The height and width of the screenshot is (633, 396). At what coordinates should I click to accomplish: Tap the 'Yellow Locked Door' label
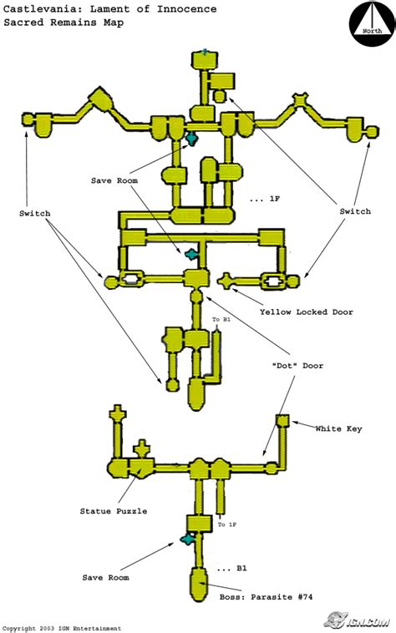tap(307, 312)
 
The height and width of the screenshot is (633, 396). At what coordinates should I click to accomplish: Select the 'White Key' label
tap(338, 428)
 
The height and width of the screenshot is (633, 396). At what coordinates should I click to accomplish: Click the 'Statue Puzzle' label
tap(114, 511)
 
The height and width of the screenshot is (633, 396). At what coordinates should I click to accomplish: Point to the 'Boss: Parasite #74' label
tap(266, 596)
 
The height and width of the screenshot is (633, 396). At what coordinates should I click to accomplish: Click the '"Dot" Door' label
tap(297, 366)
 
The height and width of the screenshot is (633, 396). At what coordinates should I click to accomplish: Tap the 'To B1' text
tap(221, 319)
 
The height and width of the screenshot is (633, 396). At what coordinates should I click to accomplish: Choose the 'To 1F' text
tap(227, 524)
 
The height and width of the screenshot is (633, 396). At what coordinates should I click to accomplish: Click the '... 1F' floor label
tap(265, 199)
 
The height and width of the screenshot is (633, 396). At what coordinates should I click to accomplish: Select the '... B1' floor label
tap(231, 569)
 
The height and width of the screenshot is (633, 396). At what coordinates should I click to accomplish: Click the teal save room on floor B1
tap(188, 538)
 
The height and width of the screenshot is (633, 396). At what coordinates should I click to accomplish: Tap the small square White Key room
tap(283, 421)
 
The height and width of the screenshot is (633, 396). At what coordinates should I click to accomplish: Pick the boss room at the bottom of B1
tap(198, 585)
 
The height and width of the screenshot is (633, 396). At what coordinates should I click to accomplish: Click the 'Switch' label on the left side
tap(35, 213)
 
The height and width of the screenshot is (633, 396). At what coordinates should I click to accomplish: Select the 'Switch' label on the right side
tap(355, 211)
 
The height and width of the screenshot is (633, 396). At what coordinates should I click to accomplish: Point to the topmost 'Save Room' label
tap(114, 180)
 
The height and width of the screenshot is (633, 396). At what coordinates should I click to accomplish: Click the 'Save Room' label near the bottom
tap(106, 578)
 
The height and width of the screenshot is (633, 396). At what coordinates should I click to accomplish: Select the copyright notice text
tap(62, 628)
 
